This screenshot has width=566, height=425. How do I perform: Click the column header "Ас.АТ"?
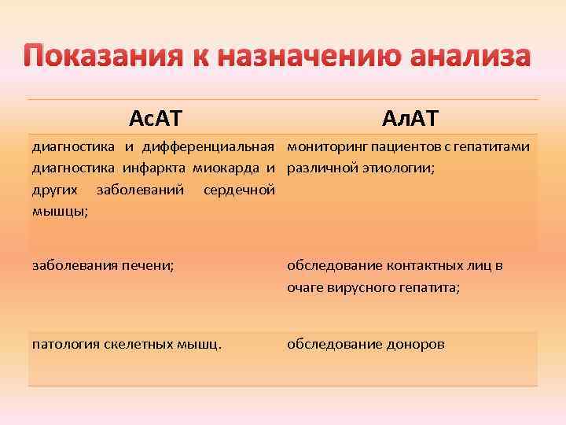click(156, 118)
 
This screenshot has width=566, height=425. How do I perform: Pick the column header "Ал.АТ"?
click(410, 118)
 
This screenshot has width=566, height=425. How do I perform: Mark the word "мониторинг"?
click(320, 146)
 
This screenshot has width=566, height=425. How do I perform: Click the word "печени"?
click(149, 265)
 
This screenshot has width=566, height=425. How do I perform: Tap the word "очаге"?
click(303, 288)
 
